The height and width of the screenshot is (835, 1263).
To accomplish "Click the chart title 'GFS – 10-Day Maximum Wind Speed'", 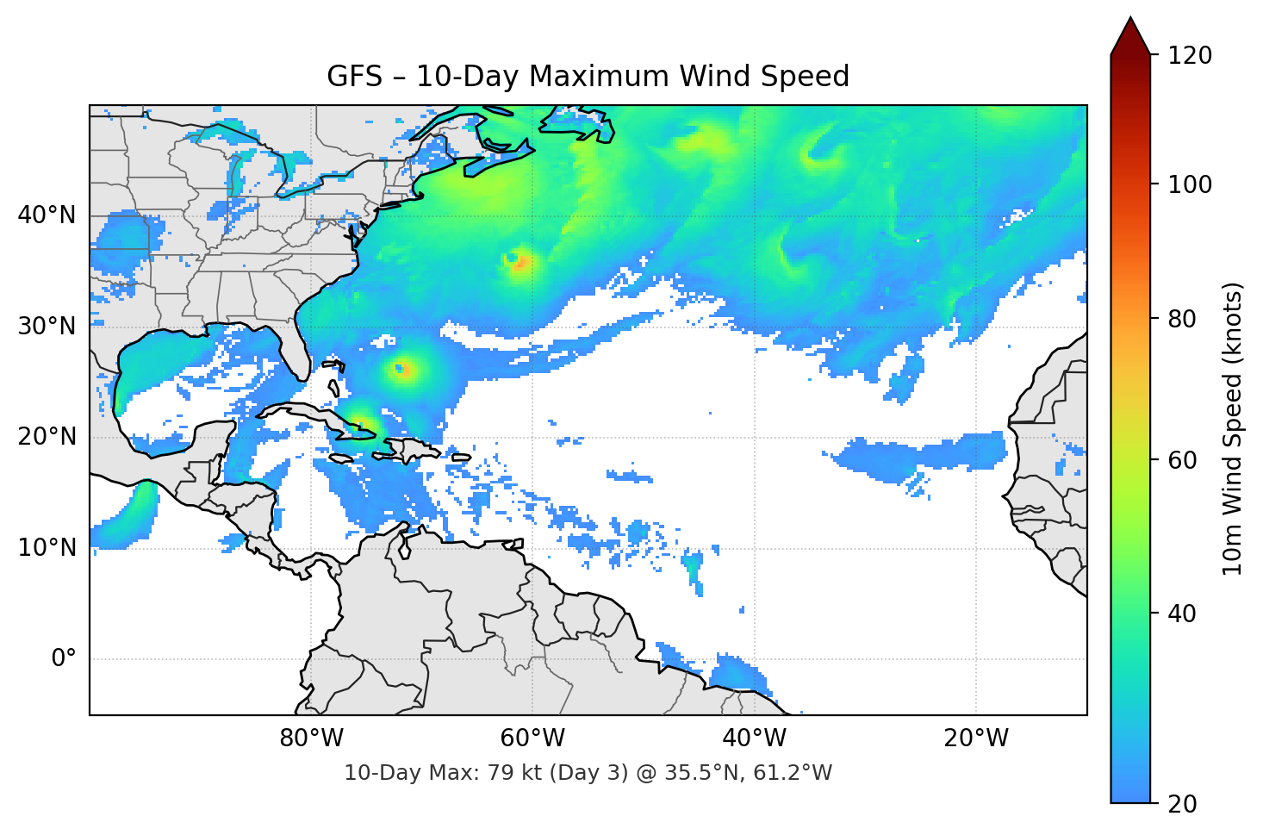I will pos(588,77).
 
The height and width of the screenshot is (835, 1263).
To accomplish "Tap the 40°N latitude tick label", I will pos(47,215).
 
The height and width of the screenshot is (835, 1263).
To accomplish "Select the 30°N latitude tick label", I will pos(47,327).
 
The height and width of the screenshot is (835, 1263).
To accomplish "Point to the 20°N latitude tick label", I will pos(47,437).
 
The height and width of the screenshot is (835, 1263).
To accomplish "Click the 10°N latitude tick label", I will pos(47,548).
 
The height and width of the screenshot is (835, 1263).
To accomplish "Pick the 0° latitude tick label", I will pos(64,659).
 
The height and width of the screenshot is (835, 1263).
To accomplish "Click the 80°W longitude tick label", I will pos(311,738).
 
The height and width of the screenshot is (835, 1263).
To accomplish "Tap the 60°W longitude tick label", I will pos(532,738).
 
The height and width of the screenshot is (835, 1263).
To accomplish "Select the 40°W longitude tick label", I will pos(754,738).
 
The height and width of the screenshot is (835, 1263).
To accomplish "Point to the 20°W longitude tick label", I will pos(975,738).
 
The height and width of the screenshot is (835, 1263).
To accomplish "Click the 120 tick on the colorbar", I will pos(1190,56).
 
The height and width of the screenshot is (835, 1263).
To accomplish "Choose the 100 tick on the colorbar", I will pos(1190,184).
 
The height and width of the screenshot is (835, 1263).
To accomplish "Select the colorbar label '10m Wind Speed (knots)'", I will pos(1233,429).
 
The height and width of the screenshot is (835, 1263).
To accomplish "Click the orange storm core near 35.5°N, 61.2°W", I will pos(520,263).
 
